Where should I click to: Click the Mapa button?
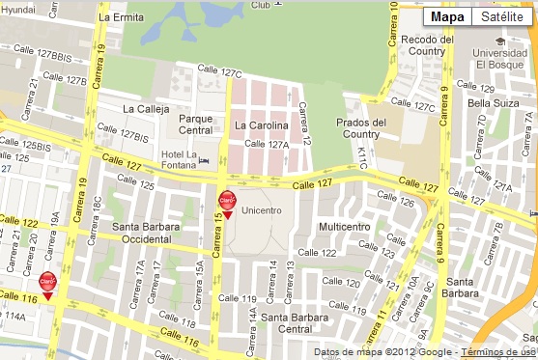pos(447,16)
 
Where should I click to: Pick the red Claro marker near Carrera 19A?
pos(46,282)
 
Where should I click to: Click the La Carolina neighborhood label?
pos(261,125)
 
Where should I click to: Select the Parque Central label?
pos(195,125)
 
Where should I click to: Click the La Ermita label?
pos(121,17)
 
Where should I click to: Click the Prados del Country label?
pos(361,128)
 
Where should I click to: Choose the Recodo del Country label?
pos(426,46)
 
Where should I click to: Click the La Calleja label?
pos(146,108)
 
